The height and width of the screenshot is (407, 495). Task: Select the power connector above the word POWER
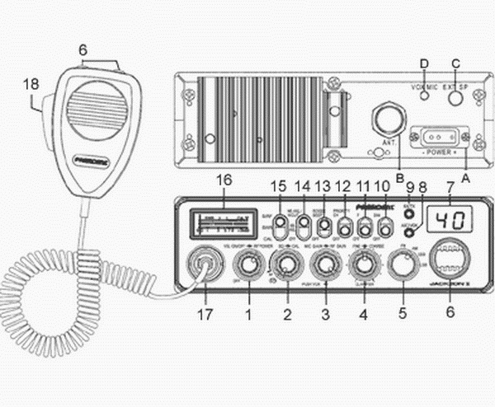click(441, 135)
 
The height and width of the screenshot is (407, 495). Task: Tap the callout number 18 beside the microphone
click(31, 84)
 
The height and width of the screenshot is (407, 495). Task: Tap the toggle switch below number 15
click(280, 223)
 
